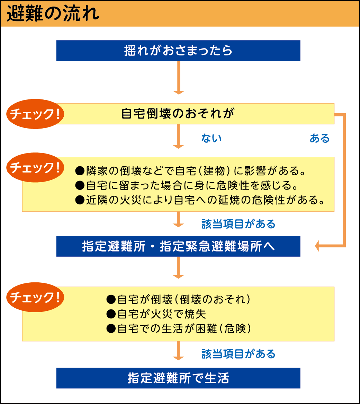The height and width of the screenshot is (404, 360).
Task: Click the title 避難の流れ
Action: click(53, 14)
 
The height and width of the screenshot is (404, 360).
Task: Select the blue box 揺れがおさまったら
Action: click(178, 51)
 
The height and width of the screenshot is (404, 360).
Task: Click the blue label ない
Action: click(211, 138)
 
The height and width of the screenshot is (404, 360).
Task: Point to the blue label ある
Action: click(319, 138)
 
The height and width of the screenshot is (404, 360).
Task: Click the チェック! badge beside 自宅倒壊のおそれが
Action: click(35, 114)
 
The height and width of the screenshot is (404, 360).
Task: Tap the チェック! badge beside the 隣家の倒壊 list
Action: click(35, 167)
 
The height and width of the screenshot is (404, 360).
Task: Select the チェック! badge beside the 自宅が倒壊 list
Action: click(35, 297)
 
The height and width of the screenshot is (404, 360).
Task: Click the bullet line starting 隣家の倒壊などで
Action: click(190, 170)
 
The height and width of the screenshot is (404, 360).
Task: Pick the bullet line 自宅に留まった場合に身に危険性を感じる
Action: click(186, 185)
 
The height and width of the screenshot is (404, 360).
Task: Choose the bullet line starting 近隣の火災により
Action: click(200, 200)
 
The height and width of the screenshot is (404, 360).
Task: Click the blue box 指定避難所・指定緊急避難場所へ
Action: click(178, 246)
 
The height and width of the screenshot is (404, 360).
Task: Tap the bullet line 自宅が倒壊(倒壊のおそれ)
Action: click(178, 299)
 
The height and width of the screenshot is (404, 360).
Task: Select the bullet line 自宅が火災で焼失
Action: click(156, 314)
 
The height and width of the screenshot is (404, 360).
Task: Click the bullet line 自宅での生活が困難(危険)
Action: click(179, 328)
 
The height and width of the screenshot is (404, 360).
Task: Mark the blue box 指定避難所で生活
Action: click(178, 378)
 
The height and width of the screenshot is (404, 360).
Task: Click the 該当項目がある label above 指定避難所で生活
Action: click(238, 354)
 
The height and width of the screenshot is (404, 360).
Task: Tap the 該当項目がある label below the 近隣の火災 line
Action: click(238, 224)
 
